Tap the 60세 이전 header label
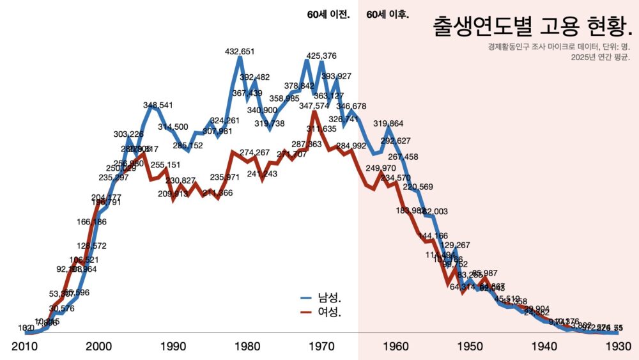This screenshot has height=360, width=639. pos(328,15)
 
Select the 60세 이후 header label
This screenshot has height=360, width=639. pos(388,15)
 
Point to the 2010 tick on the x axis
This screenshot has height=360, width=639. pos(25,346)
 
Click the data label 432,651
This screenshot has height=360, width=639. pos(240,52)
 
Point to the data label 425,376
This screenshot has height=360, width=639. pos(321,56)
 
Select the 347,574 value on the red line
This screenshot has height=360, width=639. pos(314,106)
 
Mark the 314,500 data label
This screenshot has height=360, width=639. pos(173,127)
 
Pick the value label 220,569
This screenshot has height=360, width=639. pos(418,187)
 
